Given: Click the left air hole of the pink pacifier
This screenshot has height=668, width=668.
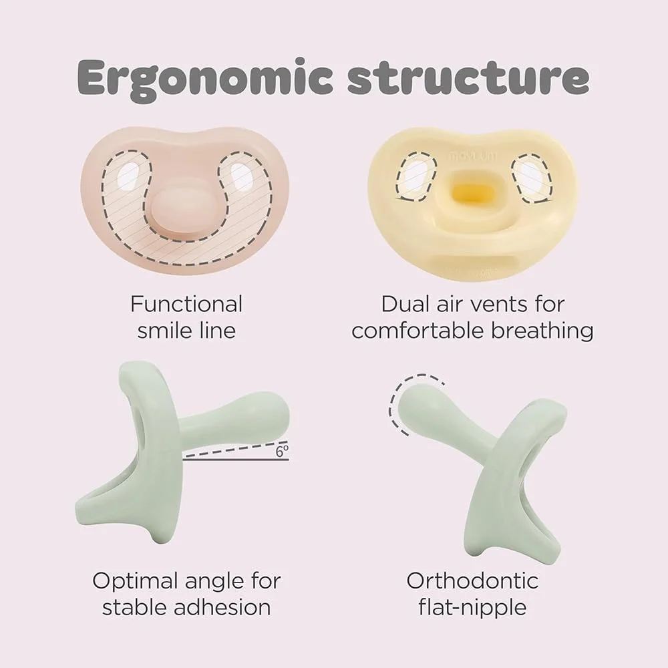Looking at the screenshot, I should [128, 176].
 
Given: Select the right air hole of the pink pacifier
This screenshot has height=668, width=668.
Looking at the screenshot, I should [242, 177].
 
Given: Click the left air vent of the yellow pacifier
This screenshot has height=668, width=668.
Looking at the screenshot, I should [415, 174].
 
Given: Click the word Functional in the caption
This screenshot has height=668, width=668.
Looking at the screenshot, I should [186, 305].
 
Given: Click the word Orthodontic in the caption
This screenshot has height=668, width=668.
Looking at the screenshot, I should [472, 580].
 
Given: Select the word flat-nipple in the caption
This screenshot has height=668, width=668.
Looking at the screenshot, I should [472, 607].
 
